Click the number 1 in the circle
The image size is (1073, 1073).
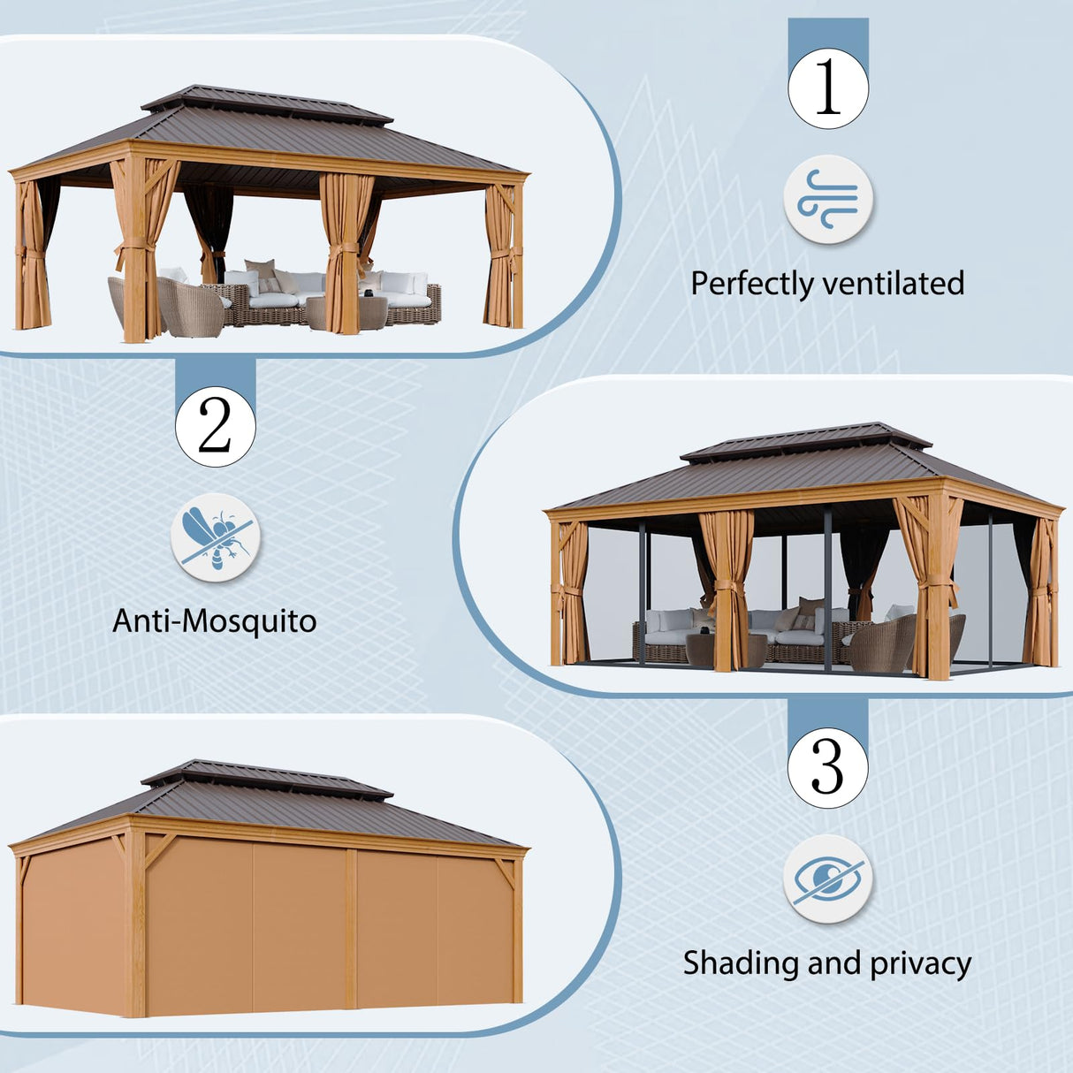(828, 88)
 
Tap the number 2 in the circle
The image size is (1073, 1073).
(215, 426)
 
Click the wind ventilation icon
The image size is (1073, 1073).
(828, 199)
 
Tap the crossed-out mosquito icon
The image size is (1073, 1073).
(215, 537)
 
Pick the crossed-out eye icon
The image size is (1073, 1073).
(828, 879)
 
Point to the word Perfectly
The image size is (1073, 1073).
(751, 284)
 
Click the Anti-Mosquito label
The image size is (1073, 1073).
(215, 621)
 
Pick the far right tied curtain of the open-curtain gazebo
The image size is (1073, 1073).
(499, 256)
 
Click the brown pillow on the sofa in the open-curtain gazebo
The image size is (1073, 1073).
(260, 268)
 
